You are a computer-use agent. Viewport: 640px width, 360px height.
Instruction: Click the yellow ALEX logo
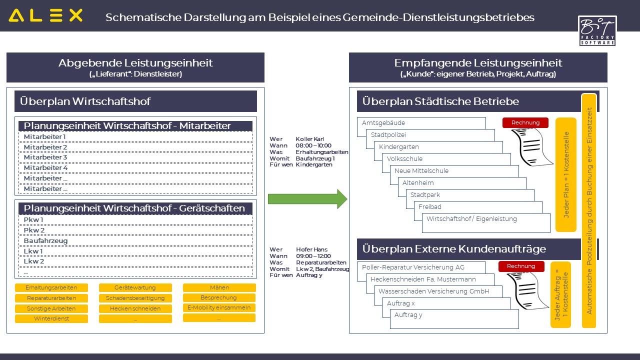pos(45,15)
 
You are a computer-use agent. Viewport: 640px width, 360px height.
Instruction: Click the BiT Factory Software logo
pos(597,30)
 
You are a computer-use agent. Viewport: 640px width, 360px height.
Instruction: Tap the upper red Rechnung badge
pos(525,122)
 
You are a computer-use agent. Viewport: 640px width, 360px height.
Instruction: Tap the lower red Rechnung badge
pos(520,266)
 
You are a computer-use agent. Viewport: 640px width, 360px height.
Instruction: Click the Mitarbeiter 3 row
pos(135,157)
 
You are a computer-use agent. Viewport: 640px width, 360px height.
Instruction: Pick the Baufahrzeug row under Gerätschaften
pos(135,240)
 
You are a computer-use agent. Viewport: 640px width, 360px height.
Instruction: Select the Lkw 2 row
pos(135,261)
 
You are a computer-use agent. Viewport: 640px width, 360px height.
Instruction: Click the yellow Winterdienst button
pos(51,318)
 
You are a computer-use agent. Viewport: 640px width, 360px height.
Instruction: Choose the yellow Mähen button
pos(219,287)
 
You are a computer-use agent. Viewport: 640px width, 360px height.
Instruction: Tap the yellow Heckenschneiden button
pos(135,308)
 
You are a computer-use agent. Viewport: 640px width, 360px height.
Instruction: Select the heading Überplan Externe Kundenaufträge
pos(454,249)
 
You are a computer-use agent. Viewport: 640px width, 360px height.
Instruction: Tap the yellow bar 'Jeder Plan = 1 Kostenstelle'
pos(566,175)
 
